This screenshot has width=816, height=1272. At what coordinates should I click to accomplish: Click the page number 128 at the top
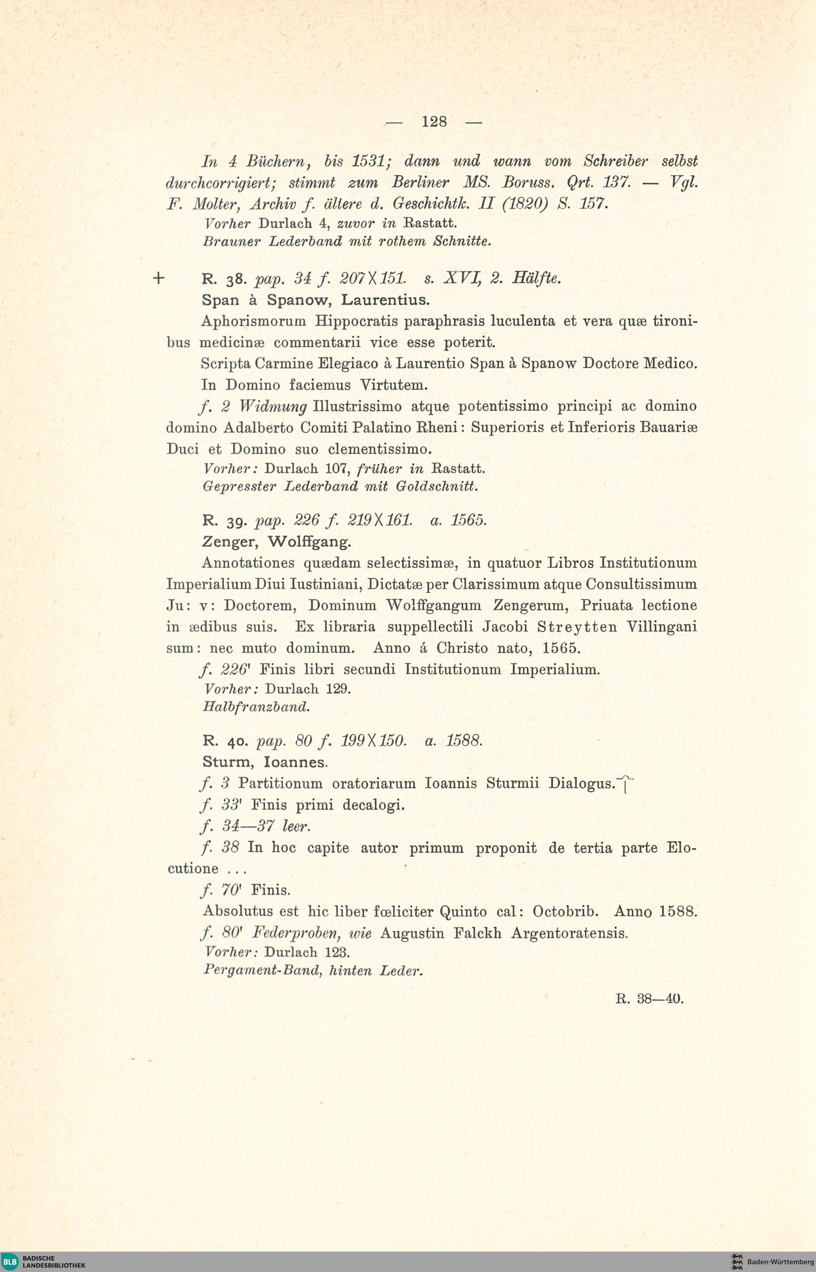tap(434, 122)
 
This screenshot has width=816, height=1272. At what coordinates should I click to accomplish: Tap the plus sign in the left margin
tap(158, 278)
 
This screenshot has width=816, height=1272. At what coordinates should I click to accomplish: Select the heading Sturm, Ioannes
tap(265, 762)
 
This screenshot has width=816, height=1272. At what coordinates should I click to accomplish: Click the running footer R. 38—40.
tap(650, 999)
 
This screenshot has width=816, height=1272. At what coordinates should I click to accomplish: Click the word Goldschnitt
tap(437, 486)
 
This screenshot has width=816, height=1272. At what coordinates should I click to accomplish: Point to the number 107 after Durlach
tap(335, 468)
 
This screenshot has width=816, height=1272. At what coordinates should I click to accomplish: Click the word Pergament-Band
tap(262, 970)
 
